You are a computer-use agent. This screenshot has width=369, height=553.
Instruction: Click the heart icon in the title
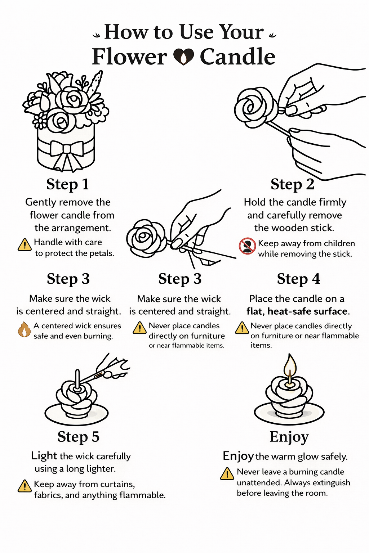pyautogui.click(x=184, y=57)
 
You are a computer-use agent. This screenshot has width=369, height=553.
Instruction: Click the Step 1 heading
pyautogui.click(x=67, y=184)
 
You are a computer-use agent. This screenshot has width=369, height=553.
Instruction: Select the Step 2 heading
pyautogui.click(x=292, y=184)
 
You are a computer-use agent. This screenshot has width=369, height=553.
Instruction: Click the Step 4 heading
pyautogui.click(x=298, y=279)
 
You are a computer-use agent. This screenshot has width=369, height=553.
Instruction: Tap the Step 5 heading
pyautogui.click(x=78, y=437)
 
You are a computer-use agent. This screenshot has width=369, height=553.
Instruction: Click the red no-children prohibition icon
pyautogui.click(x=247, y=246)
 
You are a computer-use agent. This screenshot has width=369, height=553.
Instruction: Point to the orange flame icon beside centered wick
pyautogui.click(x=24, y=330)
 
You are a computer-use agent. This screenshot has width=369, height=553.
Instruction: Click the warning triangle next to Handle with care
pyautogui.click(x=25, y=245)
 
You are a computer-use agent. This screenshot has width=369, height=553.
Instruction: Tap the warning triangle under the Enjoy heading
pyautogui.click(x=227, y=474)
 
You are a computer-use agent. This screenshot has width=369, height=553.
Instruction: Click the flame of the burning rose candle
pyautogui.click(x=290, y=365)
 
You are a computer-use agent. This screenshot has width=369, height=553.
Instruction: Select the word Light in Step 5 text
pyautogui.click(x=44, y=456)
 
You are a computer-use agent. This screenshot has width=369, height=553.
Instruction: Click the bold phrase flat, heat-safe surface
pyautogui.click(x=298, y=311)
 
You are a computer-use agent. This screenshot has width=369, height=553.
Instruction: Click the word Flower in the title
pyautogui.click(x=129, y=57)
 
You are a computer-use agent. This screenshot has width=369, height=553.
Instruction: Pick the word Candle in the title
pyautogui.click(x=237, y=57)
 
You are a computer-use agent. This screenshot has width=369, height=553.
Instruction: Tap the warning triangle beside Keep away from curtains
pyautogui.click(x=25, y=486)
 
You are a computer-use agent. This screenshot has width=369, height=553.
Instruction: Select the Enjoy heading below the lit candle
pyautogui.click(x=289, y=437)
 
